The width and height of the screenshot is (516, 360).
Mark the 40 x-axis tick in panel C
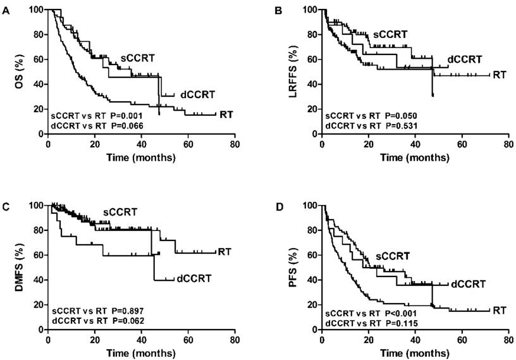click(141, 340)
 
